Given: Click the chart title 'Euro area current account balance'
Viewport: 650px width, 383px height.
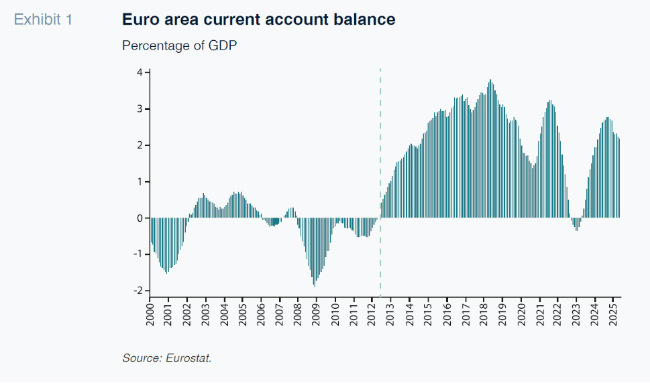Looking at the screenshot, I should [x=258, y=19].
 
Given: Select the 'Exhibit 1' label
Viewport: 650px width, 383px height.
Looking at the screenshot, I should [x=43, y=19].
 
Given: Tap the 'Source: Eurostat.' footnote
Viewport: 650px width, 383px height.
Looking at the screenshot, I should [x=166, y=358].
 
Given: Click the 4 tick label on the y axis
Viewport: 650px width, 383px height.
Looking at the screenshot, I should [x=140, y=72].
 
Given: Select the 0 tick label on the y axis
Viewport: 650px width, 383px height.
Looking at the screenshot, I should [x=140, y=218].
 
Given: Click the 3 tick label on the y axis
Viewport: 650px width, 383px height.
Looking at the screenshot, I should [x=140, y=108].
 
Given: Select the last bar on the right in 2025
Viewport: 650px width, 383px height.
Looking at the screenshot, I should [x=618, y=178].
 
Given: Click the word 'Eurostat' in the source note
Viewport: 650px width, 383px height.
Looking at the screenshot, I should [x=188, y=358].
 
